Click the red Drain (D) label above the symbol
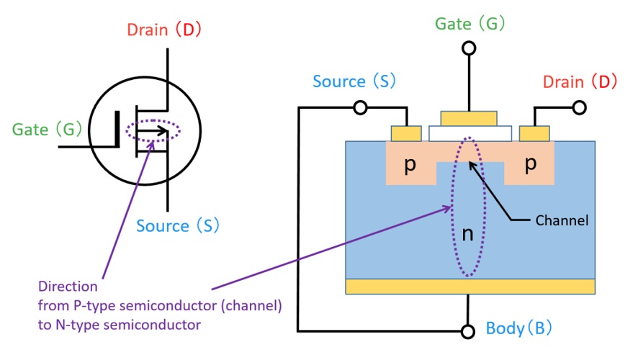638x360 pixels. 164,30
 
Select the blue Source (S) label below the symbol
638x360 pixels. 178,226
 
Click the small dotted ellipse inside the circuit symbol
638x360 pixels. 153,131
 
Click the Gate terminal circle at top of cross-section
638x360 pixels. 469,48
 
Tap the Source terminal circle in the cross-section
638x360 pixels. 361,108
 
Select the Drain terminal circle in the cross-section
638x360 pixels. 578,108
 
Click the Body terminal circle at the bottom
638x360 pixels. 469,331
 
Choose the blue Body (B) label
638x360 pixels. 518,329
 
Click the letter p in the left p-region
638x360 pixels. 409,165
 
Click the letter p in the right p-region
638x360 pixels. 530,164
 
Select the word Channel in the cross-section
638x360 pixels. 562,220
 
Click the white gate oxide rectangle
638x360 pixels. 470,133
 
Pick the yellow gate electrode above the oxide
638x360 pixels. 469,118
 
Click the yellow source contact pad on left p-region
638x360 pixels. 406,133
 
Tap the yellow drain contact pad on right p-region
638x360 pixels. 534,133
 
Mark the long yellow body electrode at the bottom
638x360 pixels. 470,287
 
